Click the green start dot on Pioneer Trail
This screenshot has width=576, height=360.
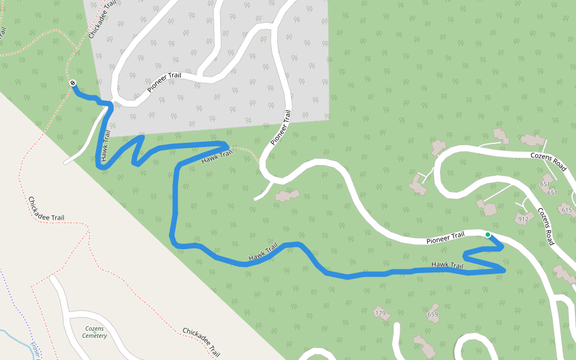pyautogui.click(x=488, y=235)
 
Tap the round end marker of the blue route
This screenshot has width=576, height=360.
pyautogui.click(x=73, y=83)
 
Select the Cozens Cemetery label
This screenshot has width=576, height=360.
pyautogui.click(x=95, y=332)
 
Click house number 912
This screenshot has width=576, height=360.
pyautogui.click(x=523, y=220)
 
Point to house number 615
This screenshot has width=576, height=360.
pyautogui.click(x=566, y=210)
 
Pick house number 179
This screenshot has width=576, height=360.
pyautogui.click(x=380, y=314)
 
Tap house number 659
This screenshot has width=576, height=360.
pyautogui.click(x=433, y=314)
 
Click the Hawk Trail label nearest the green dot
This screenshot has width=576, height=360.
pyautogui.click(x=448, y=265)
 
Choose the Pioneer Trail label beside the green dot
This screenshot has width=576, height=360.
pyautogui.click(x=445, y=238)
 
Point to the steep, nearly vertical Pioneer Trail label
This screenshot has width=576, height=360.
pyautogui.click(x=281, y=127)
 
